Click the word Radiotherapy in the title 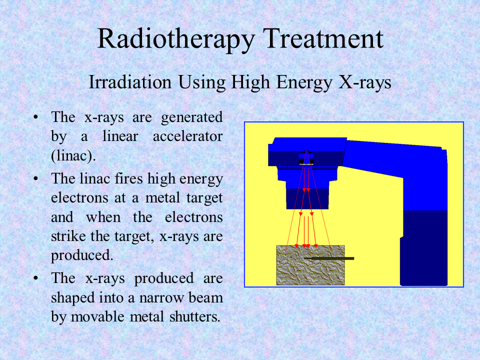coord(176,39)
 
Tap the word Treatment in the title coord(323,38)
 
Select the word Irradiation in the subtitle coord(130,82)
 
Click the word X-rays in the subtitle coord(365,82)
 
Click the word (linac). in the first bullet coord(73,156)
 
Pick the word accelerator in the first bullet coord(187,136)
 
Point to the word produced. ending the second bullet coord(82,255)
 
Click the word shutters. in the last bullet coord(194,316)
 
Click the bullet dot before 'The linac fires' coord(36,178)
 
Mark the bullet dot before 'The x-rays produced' coord(36,278)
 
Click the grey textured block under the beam coord(310,265)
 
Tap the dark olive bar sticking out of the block coord(329,258)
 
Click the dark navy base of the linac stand coord(423,248)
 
